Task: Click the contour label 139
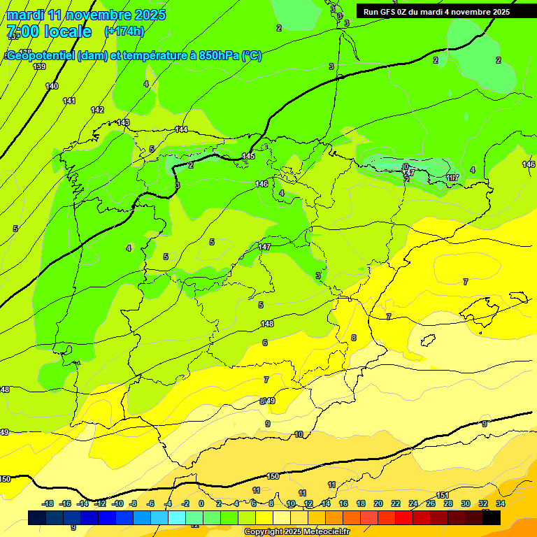pyautogui.click(x=39, y=66)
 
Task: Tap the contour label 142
pyautogui.click(x=97, y=110)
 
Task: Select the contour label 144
pyautogui.click(x=182, y=129)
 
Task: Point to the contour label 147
pyautogui.click(x=264, y=247)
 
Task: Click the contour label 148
pyautogui.click(x=267, y=324)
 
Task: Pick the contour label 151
pyautogui.click(x=442, y=495)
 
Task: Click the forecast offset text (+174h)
pyautogui.click(x=124, y=31)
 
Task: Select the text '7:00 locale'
pyautogui.click(x=49, y=31)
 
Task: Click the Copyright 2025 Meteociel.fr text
pyautogui.click(x=296, y=532)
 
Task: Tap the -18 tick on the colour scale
pyautogui.click(x=48, y=503)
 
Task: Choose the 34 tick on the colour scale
pyautogui.click(x=501, y=503)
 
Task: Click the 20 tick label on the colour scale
pyautogui.click(x=378, y=503)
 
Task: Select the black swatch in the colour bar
pyautogui.click(x=492, y=517)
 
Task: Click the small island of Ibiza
pyautogui.click(x=429, y=341)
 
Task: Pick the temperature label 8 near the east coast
pyautogui.click(x=354, y=338)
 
